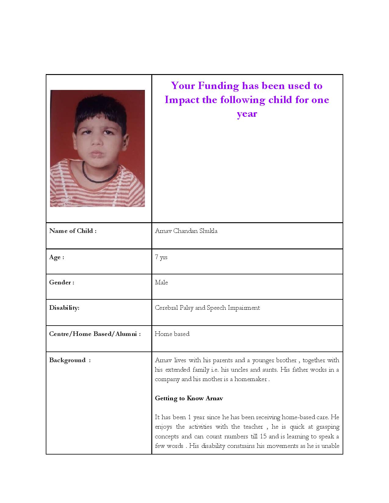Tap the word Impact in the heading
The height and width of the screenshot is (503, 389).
182,100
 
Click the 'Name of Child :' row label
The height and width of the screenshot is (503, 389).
73,231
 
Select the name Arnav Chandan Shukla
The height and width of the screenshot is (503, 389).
186,231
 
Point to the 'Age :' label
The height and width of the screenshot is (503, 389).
56,257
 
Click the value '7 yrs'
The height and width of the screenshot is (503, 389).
161,257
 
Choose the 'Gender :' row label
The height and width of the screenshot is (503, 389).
62,282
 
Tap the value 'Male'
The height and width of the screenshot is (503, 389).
161,282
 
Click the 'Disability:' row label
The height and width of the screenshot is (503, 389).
64,308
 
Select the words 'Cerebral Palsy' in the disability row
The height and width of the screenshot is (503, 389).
174,308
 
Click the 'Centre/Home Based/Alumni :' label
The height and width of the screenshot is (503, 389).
95,334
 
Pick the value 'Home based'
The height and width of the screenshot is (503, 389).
172,334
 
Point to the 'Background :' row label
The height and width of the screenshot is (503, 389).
70,360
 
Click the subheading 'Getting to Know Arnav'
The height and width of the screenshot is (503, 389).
189,398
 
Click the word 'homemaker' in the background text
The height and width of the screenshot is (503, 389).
250,379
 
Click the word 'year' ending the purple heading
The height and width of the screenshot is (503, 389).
247,114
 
